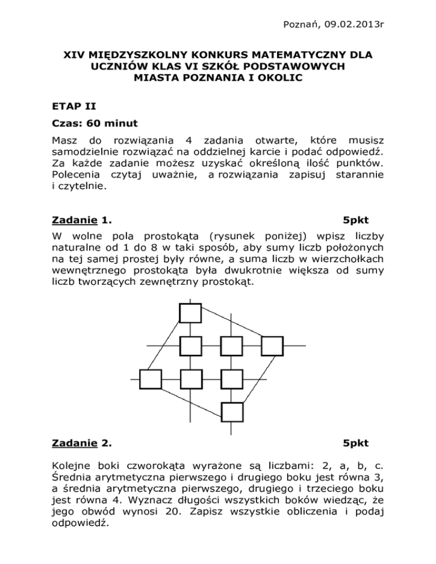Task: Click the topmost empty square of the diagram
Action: click(190, 313)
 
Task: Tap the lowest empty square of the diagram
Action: click(232, 412)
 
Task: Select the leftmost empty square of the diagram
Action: click(150, 379)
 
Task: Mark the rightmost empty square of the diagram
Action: click(272, 346)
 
